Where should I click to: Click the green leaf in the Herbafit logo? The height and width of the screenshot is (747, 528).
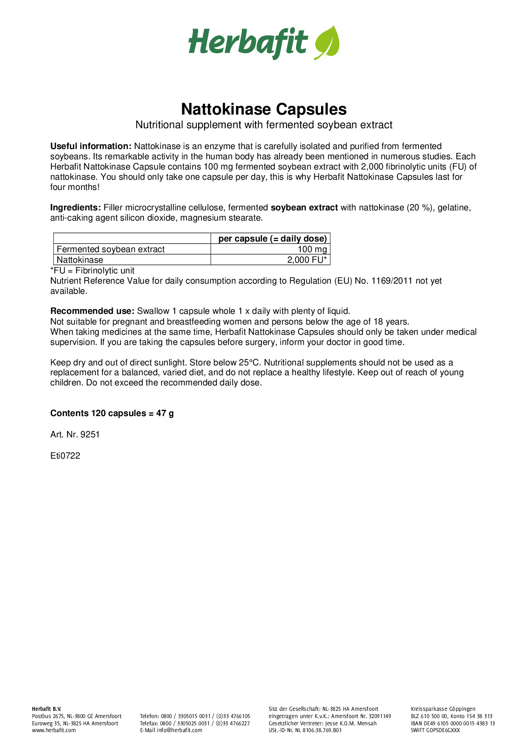point(327,43)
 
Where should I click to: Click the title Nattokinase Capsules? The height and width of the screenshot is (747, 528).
point(264,109)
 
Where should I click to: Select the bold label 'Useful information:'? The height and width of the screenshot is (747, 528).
point(91,146)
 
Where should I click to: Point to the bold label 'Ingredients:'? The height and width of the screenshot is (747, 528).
point(75,208)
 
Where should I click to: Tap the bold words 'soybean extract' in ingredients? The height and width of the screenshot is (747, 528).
point(304,208)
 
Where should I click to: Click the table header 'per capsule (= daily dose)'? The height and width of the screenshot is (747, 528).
point(273,238)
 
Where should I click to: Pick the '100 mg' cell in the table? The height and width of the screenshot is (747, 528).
point(312,249)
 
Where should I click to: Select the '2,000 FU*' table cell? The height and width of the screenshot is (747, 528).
point(307,260)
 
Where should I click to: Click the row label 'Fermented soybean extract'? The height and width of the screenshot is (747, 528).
point(111,249)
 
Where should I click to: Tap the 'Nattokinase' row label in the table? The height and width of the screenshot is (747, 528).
point(80,260)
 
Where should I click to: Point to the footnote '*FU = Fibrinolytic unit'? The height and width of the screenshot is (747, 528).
point(92,270)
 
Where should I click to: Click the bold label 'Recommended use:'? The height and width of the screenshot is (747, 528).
point(92,311)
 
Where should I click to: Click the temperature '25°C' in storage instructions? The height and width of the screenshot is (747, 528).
point(249,362)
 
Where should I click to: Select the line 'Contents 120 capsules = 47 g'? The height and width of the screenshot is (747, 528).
point(112,413)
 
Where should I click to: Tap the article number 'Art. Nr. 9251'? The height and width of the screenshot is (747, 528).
point(75,434)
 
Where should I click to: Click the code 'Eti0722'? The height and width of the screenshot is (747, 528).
point(65,456)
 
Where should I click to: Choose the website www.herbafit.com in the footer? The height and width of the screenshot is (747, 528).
point(54,730)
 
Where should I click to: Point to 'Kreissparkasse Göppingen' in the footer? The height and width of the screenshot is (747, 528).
point(443,709)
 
